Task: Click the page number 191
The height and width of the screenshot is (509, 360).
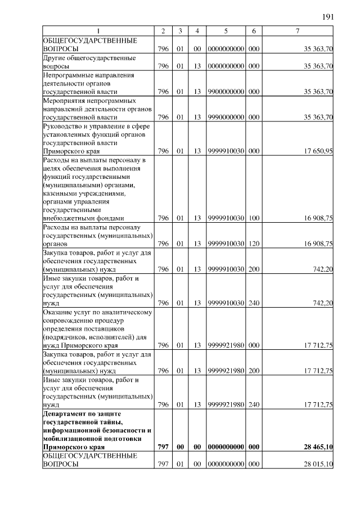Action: [x=328, y=17]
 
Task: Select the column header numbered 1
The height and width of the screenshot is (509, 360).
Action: [x=98, y=30]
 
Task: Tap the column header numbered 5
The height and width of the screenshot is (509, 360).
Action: [x=225, y=30]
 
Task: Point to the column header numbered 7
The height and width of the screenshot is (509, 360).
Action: [x=297, y=30]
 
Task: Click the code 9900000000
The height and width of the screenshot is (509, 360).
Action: [x=226, y=91]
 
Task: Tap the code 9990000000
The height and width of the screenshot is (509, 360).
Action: [x=226, y=117]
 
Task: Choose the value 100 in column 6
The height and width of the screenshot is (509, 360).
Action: [x=254, y=218]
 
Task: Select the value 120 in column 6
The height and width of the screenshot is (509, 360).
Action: [x=254, y=244]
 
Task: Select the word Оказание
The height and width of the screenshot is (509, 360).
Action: [x=58, y=312]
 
